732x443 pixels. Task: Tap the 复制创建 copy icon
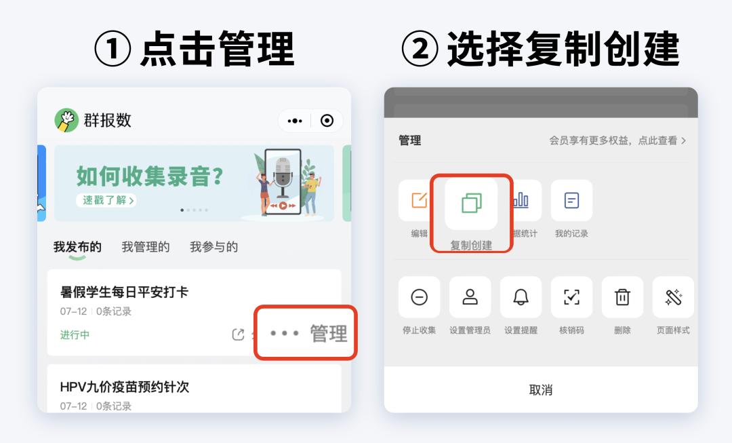(x=471, y=203)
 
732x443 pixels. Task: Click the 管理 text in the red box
(x=329, y=334)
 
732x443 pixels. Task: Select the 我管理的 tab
(x=146, y=247)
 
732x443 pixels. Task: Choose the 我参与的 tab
(x=213, y=247)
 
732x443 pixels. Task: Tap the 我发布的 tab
(x=77, y=247)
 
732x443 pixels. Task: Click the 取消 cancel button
(x=541, y=390)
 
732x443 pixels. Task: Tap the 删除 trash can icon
(x=622, y=297)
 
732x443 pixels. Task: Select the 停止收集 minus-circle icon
(x=419, y=297)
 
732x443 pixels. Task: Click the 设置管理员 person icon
(x=470, y=297)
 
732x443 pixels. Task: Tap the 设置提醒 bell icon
(x=521, y=297)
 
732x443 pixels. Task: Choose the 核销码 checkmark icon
(x=571, y=297)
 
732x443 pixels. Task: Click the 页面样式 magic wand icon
(x=673, y=297)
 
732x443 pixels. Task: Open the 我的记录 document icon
(x=571, y=201)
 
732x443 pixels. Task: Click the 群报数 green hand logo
(x=66, y=121)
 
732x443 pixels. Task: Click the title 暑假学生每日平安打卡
(x=124, y=292)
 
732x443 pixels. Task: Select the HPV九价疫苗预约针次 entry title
(x=125, y=387)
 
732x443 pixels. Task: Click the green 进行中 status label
(x=75, y=334)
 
